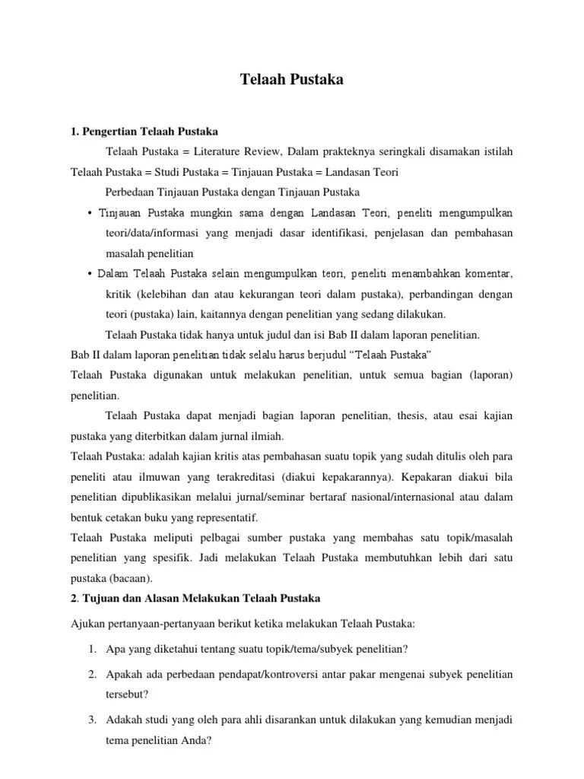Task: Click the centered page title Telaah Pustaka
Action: [x=292, y=79]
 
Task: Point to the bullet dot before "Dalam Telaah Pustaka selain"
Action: [x=90, y=273]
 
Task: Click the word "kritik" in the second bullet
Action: [x=119, y=294]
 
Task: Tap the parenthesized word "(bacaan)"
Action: [x=126, y=578]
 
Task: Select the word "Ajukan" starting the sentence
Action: [x=87, y=625]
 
